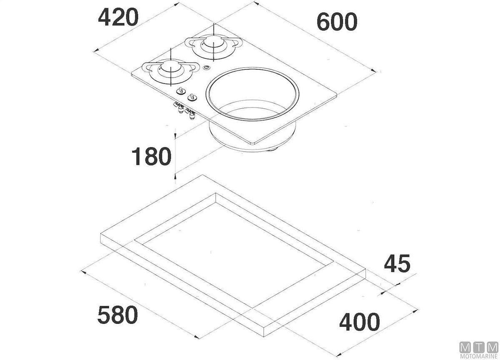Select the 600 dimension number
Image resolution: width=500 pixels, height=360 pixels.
click(x=337, y=22)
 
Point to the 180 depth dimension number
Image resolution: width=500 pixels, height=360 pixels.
click(x=152, y=156)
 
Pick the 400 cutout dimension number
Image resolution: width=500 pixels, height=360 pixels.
click(x=359, y=322)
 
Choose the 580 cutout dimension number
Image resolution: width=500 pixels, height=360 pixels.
click(x=117, y=315)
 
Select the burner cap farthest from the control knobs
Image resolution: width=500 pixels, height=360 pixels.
click(x=213, y=42)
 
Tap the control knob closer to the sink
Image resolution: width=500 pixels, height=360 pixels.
click(x=192, y=97)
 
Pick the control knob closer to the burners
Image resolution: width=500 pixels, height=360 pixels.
click(x=181, y=91)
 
